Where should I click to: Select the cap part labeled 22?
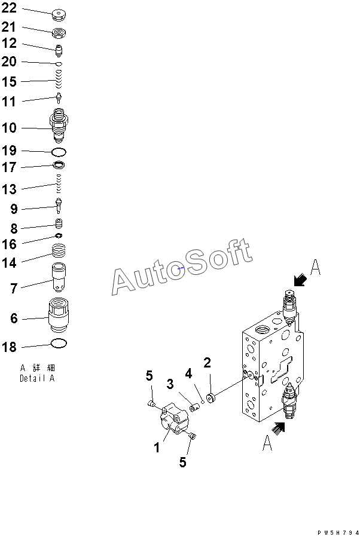tap(59, 14)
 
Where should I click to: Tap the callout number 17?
tap(10, 169)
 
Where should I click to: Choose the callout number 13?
tap(10, 189)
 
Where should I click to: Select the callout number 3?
tap(170, 384)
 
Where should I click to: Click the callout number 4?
tap(188, 374)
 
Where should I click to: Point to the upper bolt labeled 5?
tap(152, 405)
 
